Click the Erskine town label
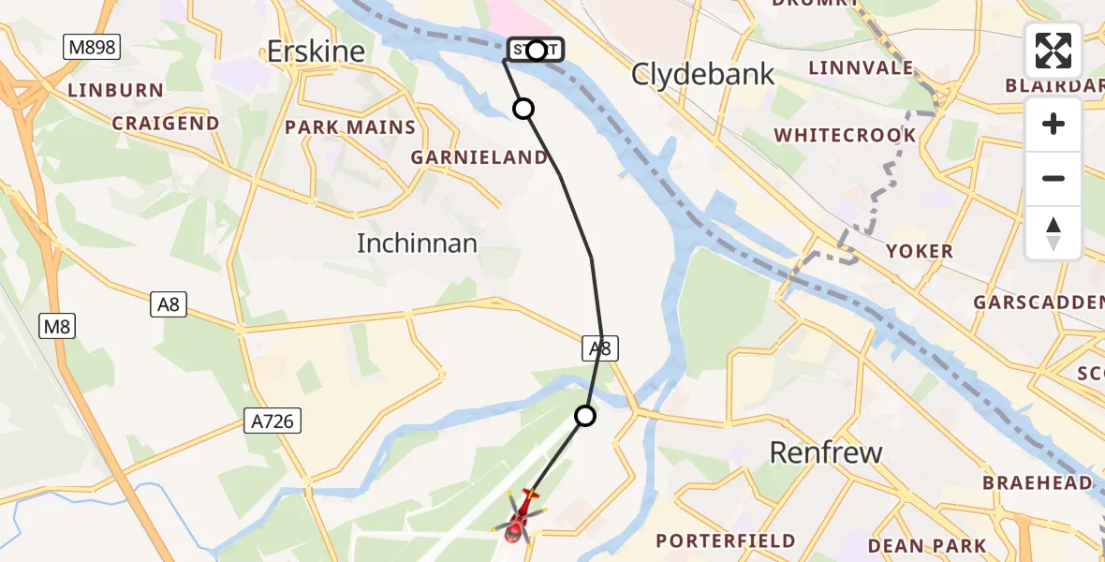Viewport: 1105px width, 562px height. [316, 52]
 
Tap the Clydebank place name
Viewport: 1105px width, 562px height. [703, 74]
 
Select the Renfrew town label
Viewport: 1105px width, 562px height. [826, 452]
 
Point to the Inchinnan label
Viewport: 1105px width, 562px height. [417, 244]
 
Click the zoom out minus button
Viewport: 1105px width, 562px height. [1053, 178]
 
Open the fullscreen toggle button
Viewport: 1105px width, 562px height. [1053, 51]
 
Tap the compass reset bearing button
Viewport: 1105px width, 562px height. [1053, 232]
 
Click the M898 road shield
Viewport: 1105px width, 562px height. [92, 48]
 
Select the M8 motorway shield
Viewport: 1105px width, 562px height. [57, 326]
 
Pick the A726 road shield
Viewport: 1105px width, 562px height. [273, 421]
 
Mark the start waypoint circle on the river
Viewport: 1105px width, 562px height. [537, 50]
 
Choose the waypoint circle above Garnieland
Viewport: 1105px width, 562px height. [523, 110]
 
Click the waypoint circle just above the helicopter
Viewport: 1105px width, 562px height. [585, 415]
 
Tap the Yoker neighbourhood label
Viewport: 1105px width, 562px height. [920, 251]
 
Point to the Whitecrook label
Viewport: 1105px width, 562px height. [846, 135]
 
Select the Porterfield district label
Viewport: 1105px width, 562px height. [726, 540]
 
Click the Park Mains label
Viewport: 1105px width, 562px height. [350, 127]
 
